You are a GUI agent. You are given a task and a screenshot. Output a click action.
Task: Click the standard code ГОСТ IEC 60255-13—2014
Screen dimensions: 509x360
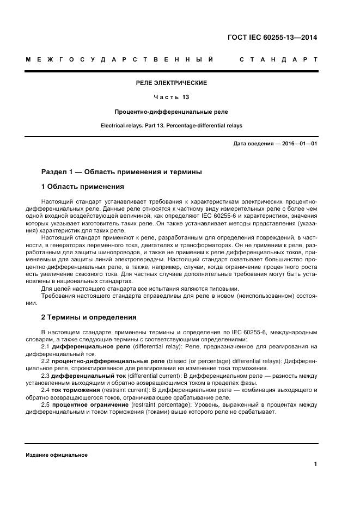pos(271,38)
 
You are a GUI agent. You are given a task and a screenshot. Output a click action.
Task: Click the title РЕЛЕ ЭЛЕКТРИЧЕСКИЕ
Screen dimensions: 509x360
pos(171,83)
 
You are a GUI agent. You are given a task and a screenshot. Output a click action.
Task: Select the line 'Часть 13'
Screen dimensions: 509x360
pos(171,97)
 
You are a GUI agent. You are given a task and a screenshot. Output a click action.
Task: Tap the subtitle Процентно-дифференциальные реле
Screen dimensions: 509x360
pos(171,112)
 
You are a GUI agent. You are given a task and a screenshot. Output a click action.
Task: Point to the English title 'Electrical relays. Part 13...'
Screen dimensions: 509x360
pos(171,126)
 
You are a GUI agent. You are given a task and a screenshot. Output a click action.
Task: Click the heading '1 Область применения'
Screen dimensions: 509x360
pos(83,187)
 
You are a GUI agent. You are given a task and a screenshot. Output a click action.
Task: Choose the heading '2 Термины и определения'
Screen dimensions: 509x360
pos(89,317)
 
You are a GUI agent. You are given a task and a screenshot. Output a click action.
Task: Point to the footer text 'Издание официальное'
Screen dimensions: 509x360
pos(57,455)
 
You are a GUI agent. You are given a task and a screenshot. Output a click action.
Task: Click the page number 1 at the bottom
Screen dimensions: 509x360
pos(315,464)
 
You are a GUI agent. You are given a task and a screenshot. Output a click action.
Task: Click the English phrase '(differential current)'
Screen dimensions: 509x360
pos(155,375)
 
